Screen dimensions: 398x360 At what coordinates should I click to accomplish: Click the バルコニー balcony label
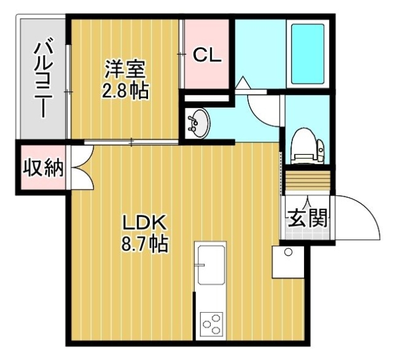43,77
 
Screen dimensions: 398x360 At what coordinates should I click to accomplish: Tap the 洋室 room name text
126,69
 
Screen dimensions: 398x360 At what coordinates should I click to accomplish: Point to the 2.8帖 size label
126,91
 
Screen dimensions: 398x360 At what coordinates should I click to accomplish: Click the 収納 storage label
43,167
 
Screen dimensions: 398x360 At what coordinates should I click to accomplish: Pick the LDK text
145,223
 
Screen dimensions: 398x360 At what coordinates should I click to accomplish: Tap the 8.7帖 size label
145,243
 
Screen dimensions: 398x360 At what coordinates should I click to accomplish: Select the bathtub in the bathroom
308,54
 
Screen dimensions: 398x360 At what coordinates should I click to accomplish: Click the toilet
308,146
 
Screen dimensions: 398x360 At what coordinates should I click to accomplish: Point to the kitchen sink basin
211,265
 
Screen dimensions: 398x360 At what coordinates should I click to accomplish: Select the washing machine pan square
288,262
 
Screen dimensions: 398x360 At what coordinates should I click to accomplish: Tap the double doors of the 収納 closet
81,167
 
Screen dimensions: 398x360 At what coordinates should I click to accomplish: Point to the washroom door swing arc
259,114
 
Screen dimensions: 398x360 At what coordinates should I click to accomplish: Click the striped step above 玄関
308,180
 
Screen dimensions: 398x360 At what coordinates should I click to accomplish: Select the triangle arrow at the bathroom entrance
243,83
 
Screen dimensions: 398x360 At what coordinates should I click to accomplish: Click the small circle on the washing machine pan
288,252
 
